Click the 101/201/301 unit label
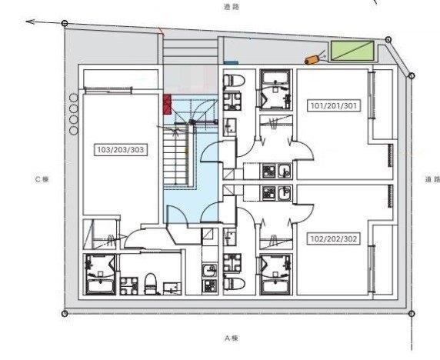click(334, 105)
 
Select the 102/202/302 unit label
click(334, 238)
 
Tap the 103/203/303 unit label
click(120, 149)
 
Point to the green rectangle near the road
click(352, 51)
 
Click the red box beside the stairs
click(167, 105)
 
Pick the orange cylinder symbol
click(312, 60)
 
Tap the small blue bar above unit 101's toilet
click(231, 63)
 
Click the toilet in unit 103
click(151, 284)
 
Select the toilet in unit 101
click(234, 80)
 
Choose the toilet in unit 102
click(234, 284)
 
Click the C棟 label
click(42, 179)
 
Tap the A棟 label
click(232, 338)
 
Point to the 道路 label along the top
click(232, 7)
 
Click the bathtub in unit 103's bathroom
click(100, 286)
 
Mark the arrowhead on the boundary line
click(30, 22)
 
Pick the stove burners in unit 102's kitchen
click(269, 193)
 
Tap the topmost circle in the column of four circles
click(74, 98)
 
